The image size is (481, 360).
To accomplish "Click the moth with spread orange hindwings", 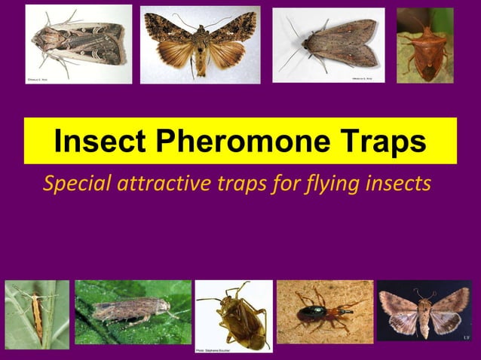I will pos(200,45).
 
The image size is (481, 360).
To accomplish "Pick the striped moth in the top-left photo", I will pos(79,44).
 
